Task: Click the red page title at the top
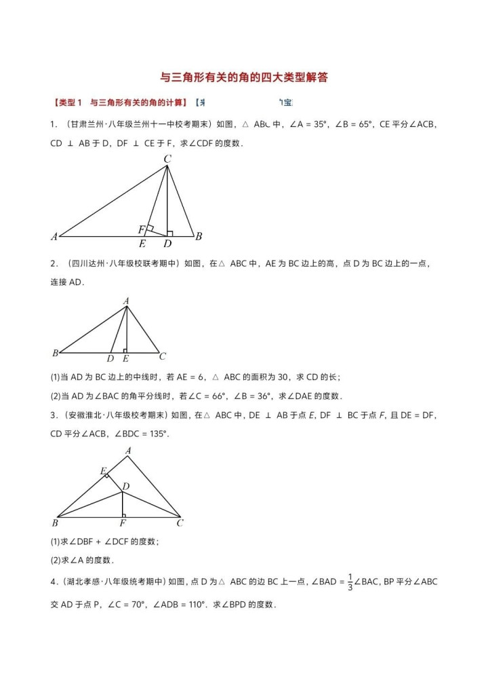coord(244,77)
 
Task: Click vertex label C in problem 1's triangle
coord(167,159)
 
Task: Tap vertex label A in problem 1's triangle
coord(54,237)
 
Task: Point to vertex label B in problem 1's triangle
coord(199,237)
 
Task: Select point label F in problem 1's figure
coord(142,229)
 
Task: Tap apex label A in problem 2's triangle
coord(126,300)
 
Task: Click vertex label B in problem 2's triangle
coord(55,354)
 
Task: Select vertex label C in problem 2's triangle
coord(163,356)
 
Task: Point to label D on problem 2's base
coord(110,358)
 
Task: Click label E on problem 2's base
coord(125,358)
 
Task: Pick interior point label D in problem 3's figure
coord(126,487)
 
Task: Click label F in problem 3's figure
coord(123,524)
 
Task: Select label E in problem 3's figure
coord(103,471)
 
